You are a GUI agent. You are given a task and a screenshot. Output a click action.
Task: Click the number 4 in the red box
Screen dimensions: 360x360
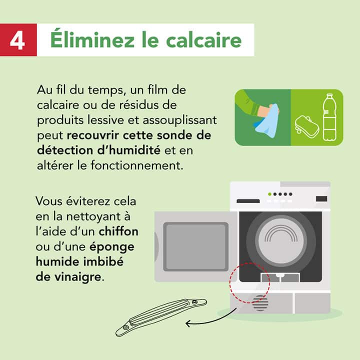[17, 39]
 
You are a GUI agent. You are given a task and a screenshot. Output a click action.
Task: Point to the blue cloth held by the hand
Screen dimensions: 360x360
[268, 121]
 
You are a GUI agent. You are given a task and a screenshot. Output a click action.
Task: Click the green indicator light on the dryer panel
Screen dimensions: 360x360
[270, 193]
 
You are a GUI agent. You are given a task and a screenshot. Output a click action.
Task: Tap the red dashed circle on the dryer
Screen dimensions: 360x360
[249, 283]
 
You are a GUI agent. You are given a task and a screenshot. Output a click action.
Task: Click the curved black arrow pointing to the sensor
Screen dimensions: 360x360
[210, 320]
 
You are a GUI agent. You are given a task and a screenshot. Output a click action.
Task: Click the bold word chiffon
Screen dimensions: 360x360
[118, 232]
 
